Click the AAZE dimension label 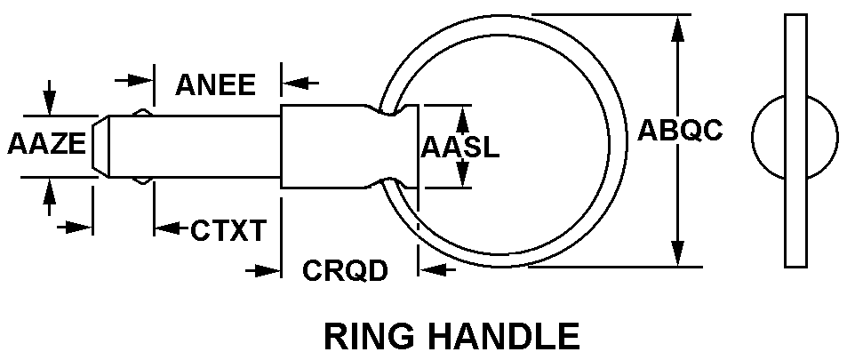46,144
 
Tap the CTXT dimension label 228,230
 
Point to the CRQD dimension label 346,269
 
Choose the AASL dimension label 459,147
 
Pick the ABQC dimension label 680,131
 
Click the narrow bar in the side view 796,140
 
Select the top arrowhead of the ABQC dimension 679,27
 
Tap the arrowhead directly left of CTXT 165,229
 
